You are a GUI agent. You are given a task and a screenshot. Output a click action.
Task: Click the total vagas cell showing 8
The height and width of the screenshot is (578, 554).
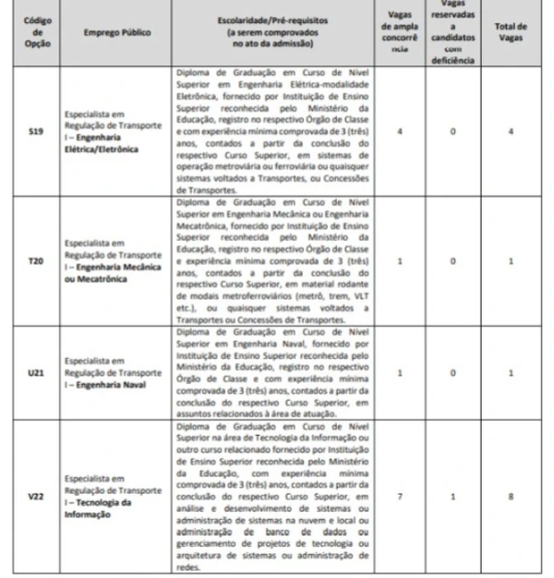[531, 496]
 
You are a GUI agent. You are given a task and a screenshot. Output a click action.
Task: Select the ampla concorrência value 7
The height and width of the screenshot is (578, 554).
[399, 496]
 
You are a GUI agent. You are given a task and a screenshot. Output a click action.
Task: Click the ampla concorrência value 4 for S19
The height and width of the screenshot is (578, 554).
[399, 132]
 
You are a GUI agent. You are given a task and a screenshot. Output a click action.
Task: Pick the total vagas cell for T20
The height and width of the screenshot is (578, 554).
[531, 261]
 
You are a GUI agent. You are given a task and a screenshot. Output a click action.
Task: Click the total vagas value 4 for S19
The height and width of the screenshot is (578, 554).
[531, 132]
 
